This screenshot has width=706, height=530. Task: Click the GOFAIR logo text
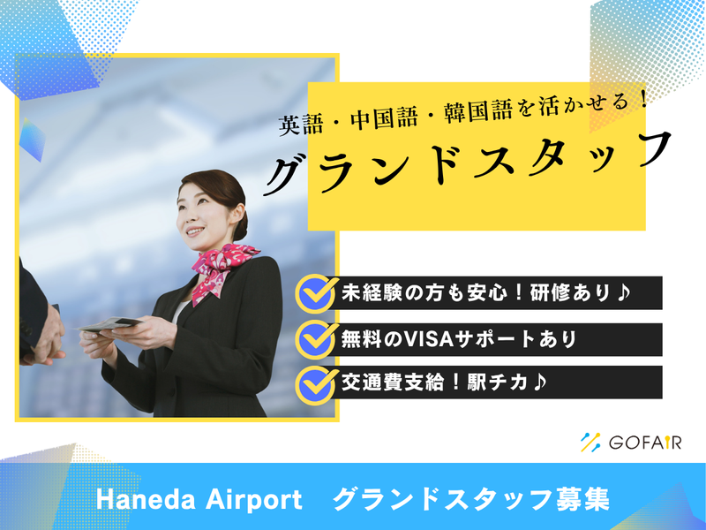[645, 443]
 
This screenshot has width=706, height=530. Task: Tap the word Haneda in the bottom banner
[146, 500]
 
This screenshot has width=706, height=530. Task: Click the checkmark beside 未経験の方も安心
[317, 293]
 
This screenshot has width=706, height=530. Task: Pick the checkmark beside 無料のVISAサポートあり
[317, 339]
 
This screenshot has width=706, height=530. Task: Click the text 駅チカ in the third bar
[498, 382]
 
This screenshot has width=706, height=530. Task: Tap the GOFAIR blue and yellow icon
[590, 443]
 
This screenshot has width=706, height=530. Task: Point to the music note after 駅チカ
[539, 382]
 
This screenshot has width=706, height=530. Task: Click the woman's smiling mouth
[195, 232]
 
